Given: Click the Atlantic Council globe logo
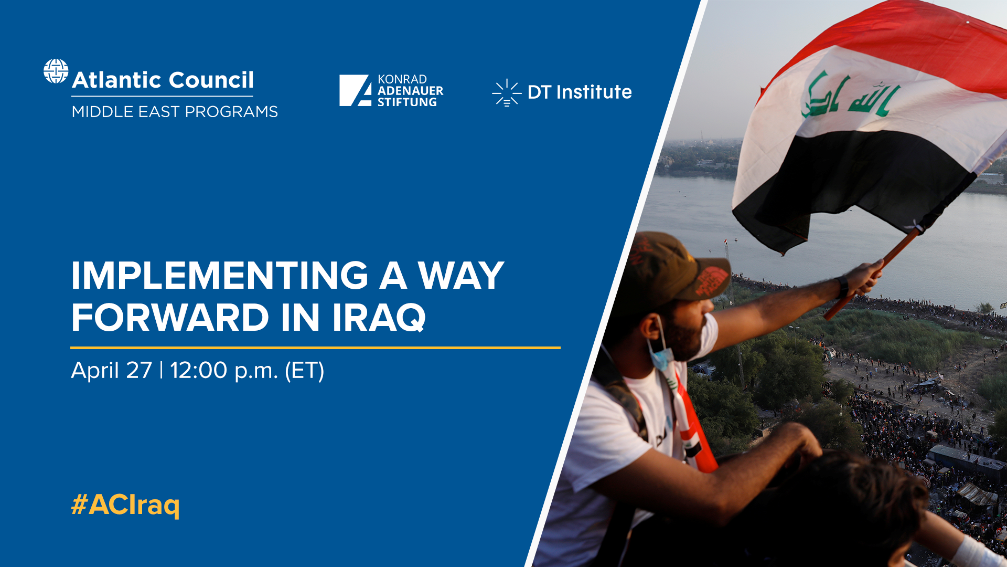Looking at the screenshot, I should point(56,71).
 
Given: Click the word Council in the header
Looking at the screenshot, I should point(211,80).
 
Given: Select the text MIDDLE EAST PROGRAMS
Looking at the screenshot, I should point(175,112).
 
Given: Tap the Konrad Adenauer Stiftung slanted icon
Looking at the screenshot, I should point(355,90).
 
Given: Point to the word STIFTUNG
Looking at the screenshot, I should point(407,102).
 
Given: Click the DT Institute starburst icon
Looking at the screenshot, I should point(506,93).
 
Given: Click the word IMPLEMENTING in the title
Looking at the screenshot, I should point(220,276).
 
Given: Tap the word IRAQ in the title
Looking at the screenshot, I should point(379,318).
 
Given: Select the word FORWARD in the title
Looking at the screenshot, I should point(170,318).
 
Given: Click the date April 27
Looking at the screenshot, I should point(111,371).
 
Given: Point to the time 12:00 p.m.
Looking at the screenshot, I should point(224,371).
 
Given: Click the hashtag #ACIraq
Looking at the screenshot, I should point(125,505).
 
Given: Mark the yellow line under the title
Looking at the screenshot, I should point(315,348).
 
